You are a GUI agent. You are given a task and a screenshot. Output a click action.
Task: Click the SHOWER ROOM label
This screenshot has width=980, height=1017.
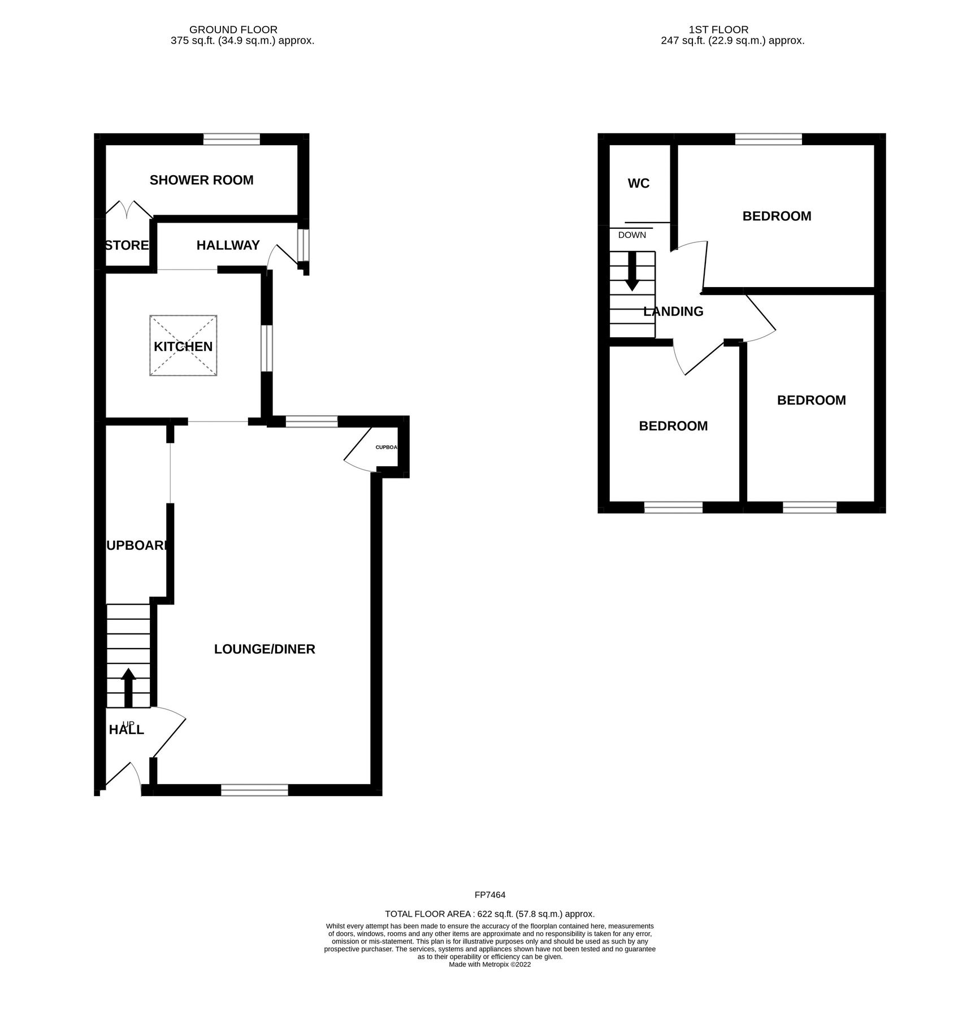click(x=201, y=180)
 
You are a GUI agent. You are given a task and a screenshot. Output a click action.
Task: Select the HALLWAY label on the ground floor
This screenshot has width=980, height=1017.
click(x=228, y=245)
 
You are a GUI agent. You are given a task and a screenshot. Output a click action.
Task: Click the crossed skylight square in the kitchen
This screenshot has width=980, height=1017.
click(x=183, y=345)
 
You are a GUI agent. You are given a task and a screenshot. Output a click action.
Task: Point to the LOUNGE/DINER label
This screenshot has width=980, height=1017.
click(x=264, y=649)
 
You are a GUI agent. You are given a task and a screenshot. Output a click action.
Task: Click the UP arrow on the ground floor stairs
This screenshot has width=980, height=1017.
click(x=128, y=688)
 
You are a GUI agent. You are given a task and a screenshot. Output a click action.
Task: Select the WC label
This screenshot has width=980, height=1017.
click(x=639, y=184)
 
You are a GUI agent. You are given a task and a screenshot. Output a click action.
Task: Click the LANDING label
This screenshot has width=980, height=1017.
click(x=673, y=311)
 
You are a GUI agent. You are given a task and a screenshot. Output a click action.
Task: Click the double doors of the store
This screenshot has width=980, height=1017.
click(x=129, y=209)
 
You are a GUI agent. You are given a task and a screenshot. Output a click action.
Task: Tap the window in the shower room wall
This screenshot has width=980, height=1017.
click(x=232, y=139)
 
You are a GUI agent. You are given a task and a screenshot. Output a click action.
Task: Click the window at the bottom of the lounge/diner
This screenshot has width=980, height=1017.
click(x=254, y=790)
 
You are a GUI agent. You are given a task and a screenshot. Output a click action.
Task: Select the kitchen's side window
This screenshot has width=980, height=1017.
click(x=267, y=348)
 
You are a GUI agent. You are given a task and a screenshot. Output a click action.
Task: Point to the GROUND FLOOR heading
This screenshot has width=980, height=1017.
click(x=233, y=29)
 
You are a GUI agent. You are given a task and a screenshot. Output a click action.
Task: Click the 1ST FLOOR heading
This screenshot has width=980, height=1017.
click(x=718, y=29)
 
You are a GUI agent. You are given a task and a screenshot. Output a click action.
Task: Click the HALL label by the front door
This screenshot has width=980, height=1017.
click(x=127, y=730)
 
